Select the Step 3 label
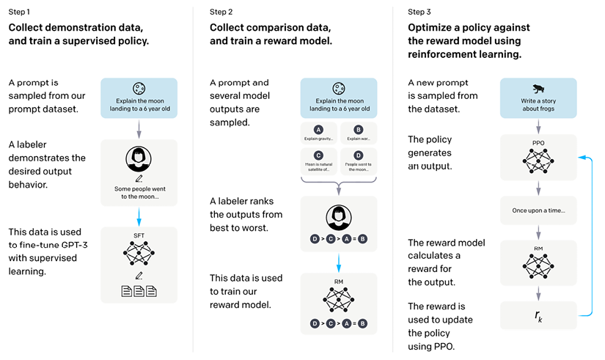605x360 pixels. pyautogui.click(x=421, y=12)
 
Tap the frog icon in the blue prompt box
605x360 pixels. pyautogui.click(x=538, y=86)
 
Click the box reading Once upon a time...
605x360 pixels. pyautogui.click(x=538, y=210)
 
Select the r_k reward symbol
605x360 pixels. pyautogui.click(x=538, y=317)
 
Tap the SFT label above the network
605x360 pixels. pyautogui.click(x=139, y=235)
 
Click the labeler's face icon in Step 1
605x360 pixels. pyautogui.click(x=139, y=159)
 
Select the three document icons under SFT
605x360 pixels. pyautogui.click(x=139, y=290)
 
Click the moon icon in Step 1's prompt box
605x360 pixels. pyautogui.click(x=139, y=87)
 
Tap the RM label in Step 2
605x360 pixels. pyautogui.click(x=338, y=281)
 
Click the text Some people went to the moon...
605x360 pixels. pyautogui.click(x=139, y=192)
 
